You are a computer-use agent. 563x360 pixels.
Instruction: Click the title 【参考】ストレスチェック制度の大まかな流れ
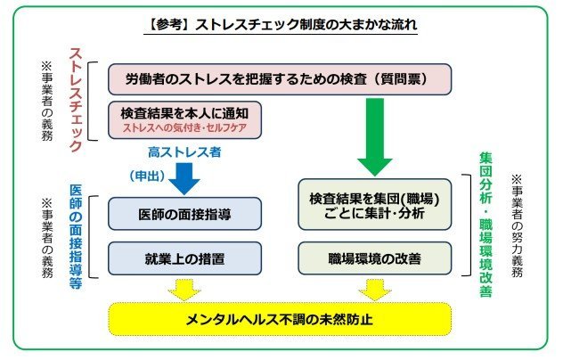[x=281, y=24]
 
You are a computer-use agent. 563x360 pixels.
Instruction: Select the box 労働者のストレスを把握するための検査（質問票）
[x=280, y=79]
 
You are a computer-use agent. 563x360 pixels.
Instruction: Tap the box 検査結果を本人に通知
[x=184, y=120]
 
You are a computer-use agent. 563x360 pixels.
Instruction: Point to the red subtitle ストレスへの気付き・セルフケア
[x=184, y=128]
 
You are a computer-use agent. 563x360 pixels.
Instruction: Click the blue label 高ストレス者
[x=184, y=152]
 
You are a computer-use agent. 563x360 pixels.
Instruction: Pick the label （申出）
[x=148, y=176]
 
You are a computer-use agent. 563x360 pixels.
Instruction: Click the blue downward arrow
[x=184, y=179]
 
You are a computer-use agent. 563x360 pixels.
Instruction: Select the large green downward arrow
[x=375, y=137]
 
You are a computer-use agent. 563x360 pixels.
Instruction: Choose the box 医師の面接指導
[x=184, y=214]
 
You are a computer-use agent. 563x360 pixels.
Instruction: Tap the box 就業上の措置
[x=184, y=258]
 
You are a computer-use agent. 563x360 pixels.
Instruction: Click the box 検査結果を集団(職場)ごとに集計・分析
[x=374, y=204]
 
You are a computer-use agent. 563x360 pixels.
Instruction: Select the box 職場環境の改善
[x=374, y=258]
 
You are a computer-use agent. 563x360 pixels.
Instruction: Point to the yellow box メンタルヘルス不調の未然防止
[x=280, y=319]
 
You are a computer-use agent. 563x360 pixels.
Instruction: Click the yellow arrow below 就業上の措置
[x=184, y=290]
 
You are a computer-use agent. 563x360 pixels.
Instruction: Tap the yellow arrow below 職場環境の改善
[x=375, y=290]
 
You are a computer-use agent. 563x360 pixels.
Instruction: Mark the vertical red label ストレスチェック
[x=76, y=100]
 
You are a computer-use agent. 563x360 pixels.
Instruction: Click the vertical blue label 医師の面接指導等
[x=76, y=237]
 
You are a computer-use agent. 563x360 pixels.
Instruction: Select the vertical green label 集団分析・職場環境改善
[x=485, y=225]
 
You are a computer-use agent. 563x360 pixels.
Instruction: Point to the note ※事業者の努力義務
[x=517, y=225]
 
